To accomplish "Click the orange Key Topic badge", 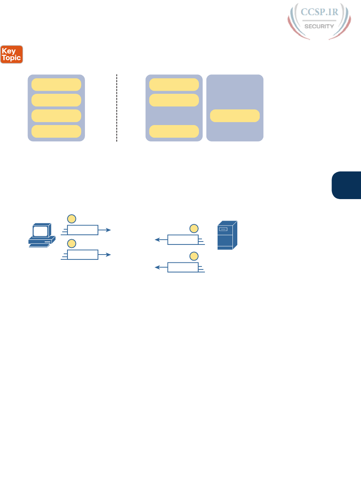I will [12, 54].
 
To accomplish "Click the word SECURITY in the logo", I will [319, 26].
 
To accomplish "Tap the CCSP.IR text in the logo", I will [319, 12].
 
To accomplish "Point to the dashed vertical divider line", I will [117, 108].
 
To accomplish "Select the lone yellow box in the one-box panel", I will [235, 116].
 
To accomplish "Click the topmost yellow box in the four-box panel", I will [56, 84].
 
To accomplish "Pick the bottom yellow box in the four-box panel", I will [56, 131].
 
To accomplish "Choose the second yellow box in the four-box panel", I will [56, 100].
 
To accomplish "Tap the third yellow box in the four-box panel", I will [56, 116].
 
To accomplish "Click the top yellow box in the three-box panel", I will [174, 84].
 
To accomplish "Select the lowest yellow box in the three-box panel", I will [174, 131].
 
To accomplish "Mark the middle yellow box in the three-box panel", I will [174, 100].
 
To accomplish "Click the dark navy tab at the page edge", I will [347, 185].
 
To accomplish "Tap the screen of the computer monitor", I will [40, 231].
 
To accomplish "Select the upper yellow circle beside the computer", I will [72, 219].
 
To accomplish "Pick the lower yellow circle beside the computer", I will [72, 243].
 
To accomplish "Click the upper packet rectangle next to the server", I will [183, 240].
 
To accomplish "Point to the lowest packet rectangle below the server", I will [183, 267].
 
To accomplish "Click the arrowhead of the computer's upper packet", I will [108, 230].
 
